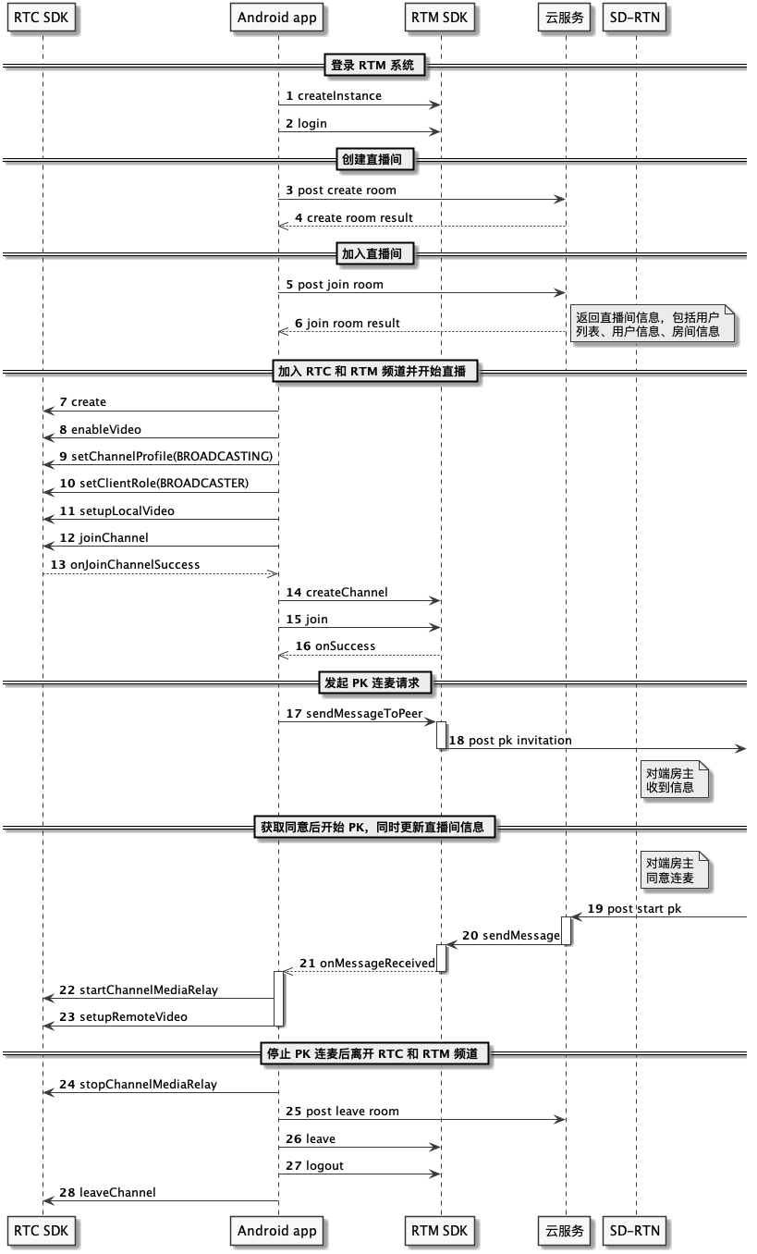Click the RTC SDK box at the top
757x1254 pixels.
point(41,18)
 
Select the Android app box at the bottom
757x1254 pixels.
point(277,1231)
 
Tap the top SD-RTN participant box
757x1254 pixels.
point(634,18)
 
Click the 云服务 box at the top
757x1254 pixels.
point(565,18)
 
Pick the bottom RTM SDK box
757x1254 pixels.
point(439,1231)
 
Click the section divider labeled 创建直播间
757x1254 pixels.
point(372,160)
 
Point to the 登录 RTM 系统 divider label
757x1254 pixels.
point(372,66)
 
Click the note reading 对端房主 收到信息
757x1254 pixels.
point(674,780)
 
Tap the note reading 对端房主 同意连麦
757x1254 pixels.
point(674,870)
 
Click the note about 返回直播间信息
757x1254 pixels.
point(652,324)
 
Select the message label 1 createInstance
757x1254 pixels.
point(334,96)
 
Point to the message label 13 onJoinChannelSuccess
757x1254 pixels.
point(126,564)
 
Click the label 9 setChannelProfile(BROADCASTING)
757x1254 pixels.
point(166,456)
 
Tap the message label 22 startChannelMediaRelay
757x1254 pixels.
point(139,990)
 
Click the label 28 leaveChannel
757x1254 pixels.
point(107,1192)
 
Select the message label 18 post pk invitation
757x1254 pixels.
point(510,740)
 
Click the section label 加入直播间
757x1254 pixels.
point(372,253)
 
